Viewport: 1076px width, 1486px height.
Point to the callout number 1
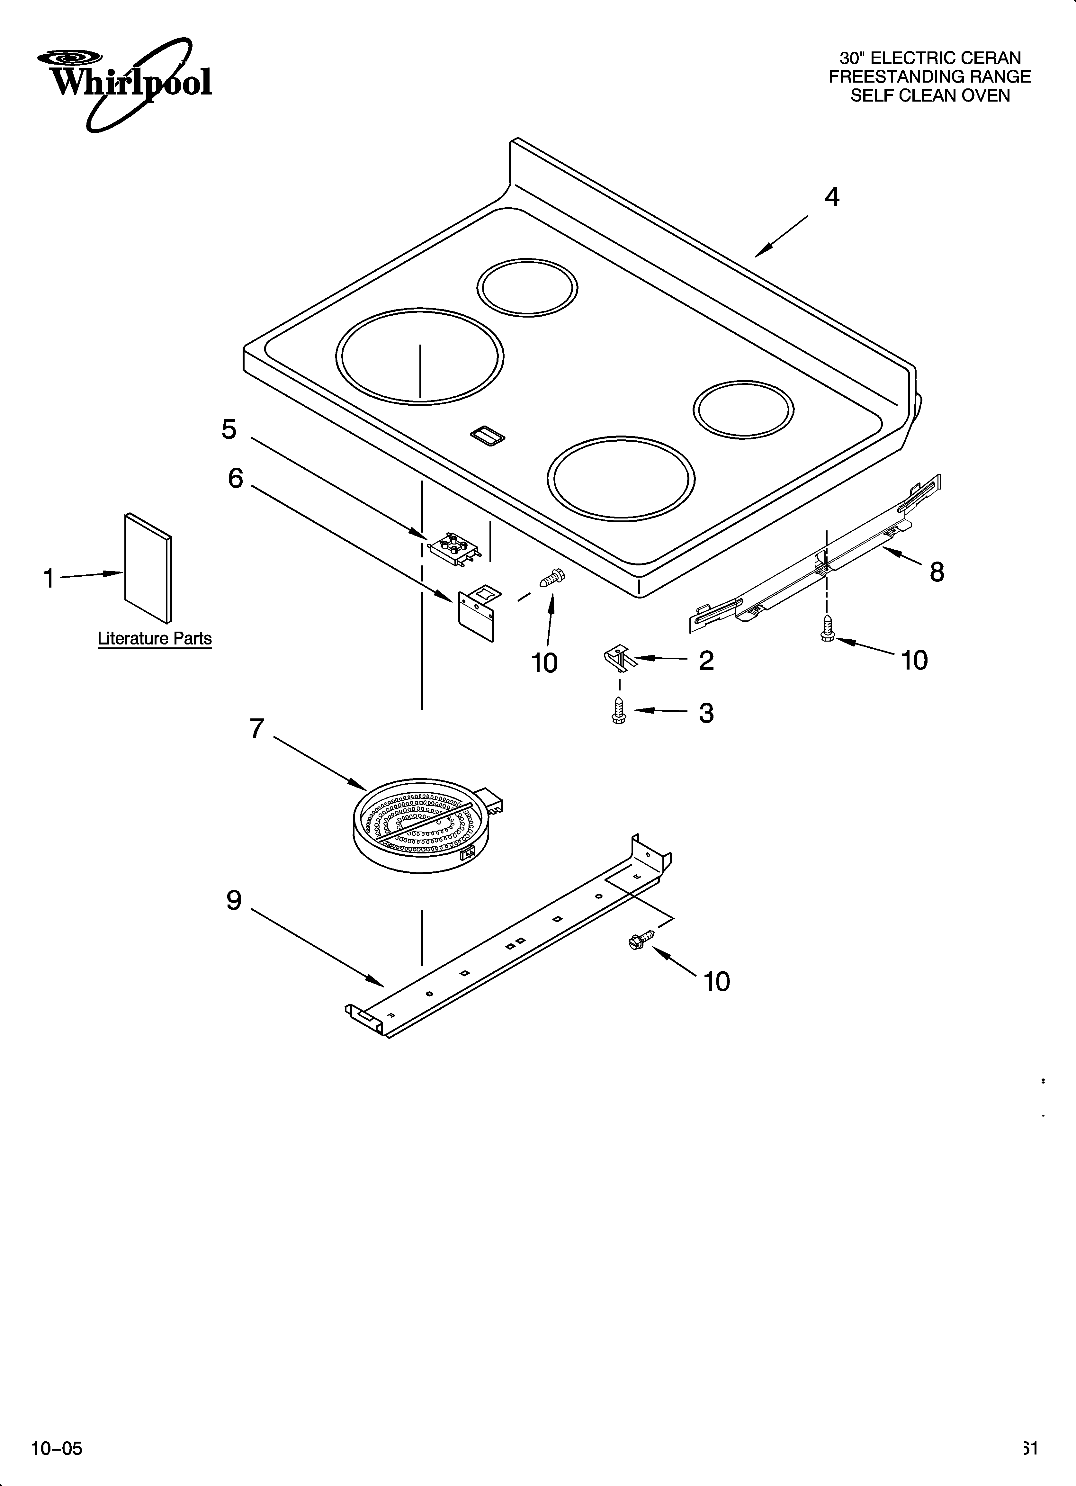pos(49,579)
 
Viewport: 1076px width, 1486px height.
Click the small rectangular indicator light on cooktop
pos(488,436)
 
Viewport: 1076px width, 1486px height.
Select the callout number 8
pos(937,572)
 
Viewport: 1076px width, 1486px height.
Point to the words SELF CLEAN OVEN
pos(930,96)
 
